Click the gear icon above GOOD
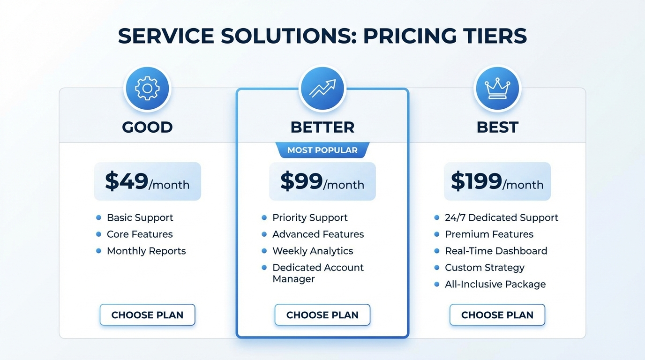(x=147, y=89)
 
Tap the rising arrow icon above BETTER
(x=322, y=89)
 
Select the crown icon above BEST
(x=497, y=89)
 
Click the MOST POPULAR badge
(x=322, y=150)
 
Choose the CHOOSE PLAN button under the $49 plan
(x=147, y=315)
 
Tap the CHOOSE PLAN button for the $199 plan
(x=497, y=315)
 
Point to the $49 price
(x=127, y=181)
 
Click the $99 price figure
(x=301, y=181)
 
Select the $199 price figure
(x=476, y=181)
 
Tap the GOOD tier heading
(x=147, y=127)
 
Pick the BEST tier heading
(x=497, y=127)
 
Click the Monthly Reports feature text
(x=146, y=251)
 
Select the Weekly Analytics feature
(x=313, y=251)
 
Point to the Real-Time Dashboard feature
(x=496, y=251)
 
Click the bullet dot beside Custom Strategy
(x=436, y=268)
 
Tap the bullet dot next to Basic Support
(x=98, y=217)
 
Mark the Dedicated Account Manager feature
(x=318, y=273)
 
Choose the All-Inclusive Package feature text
(x=495, y=284)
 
